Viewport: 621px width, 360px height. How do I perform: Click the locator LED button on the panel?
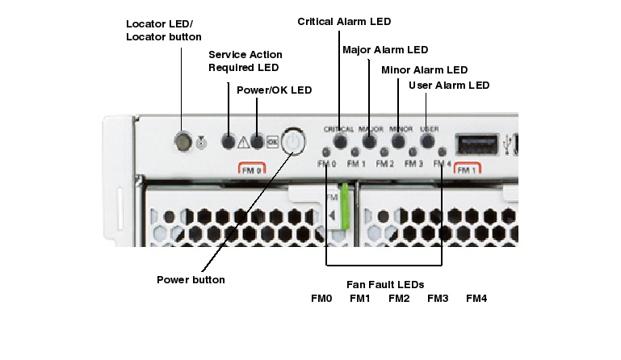184,143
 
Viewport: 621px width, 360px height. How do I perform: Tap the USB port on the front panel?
476,144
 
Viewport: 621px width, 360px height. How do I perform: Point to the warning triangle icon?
244,144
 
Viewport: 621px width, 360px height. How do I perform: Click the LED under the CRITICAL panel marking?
340,141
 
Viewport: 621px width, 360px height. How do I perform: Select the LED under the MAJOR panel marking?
370,141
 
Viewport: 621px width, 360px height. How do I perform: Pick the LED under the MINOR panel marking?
399,141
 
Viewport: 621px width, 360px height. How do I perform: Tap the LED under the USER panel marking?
428,141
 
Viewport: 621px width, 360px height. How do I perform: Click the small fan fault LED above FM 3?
413,153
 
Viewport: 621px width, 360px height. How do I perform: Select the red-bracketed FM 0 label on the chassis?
252,170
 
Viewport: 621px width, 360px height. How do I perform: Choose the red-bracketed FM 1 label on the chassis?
466,170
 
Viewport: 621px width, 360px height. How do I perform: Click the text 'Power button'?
191,280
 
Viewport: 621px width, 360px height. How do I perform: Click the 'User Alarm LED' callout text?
449,85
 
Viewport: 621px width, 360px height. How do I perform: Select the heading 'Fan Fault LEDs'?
385,284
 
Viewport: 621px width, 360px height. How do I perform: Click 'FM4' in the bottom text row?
476,299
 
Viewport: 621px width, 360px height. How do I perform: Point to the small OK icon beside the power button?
272,143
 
